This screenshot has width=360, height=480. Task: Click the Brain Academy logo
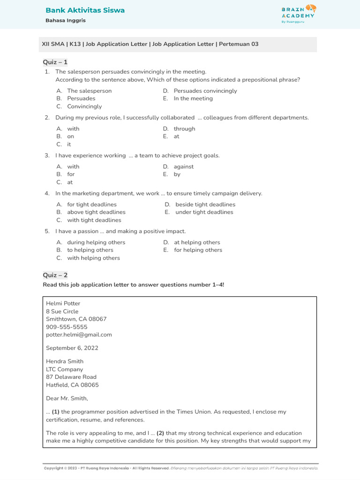click(x=299, y=14)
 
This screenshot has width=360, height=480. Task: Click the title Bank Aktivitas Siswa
click(x=85, y=10)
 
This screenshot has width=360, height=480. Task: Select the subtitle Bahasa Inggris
click(x=65, y=21)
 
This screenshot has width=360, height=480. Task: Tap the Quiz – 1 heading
click(x=55, y=62)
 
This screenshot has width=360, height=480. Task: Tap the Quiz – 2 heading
click(x=55, y=275)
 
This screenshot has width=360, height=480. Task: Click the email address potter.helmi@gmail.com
click(x=79, y=335)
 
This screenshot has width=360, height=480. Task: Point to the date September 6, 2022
click(x=72, y=348)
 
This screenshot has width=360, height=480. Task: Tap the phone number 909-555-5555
click(x=67, y=327)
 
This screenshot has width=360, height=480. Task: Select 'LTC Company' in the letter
click(x=65, y=369)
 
